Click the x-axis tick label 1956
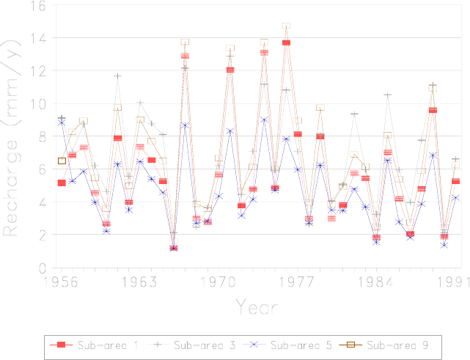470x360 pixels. pos(62,281)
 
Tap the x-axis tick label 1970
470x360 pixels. pos(218,281)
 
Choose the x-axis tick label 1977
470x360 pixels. pos(297,281)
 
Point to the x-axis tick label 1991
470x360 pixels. pos(449,281)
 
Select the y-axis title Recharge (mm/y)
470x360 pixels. pos(13,138)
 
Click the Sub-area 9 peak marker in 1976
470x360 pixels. pos(286,26)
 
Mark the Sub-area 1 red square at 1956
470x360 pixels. pos(62,183)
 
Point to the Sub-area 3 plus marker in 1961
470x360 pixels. pos(117,76)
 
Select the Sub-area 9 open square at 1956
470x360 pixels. pos(62,161)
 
